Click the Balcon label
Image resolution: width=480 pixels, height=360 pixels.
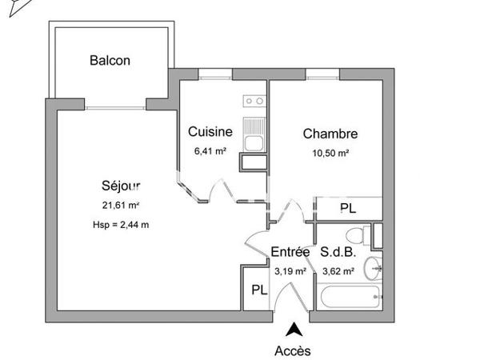coord(110,61)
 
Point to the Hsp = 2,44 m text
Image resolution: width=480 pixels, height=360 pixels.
coord(121,224)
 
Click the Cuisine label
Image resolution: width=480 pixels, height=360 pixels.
coord(210,132)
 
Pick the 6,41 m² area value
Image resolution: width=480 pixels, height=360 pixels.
coord(210,149)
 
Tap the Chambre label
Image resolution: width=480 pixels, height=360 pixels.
coord(330,134)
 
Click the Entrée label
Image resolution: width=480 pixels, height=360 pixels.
coord(290,252)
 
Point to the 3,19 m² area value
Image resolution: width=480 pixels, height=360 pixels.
coord(290,270)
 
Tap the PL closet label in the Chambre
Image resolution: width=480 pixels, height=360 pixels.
coord(348,209)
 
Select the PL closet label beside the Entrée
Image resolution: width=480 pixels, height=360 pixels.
coord(259,290)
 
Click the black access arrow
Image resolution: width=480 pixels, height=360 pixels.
coord(293,328)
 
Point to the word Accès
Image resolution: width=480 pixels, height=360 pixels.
coord(293,350)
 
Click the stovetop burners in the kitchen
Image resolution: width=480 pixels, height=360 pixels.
coord(254,101)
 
